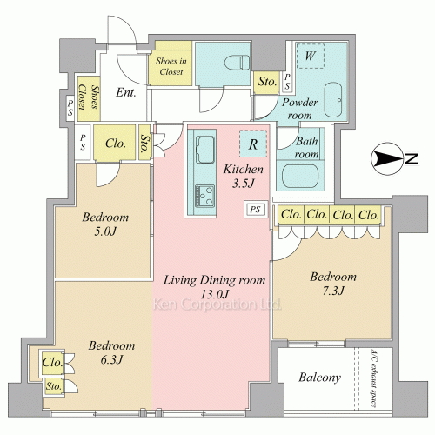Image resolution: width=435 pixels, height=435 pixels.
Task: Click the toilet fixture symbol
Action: (x=238, y=63)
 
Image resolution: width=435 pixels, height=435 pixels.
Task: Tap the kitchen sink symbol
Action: (x=205, y=150)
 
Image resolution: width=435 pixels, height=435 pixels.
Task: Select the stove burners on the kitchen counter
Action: (x=204, y=195)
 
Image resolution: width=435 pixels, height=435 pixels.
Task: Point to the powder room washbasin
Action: (x=333, y=100)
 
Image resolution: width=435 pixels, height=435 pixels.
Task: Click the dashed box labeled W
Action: (x=311, y=56)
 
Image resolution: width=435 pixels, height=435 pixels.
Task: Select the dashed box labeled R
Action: (x=253, y=144)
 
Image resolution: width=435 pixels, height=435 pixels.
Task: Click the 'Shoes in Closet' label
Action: (x=171, y=66)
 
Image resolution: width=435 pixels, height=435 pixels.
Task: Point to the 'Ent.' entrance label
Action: (x=126, y=92)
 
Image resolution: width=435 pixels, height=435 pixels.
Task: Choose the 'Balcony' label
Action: (x=319, y=378)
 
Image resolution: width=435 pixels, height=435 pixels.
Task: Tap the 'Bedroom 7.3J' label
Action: (x=333, y=284)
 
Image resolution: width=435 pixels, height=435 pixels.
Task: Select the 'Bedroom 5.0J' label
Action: (x=105, y=224)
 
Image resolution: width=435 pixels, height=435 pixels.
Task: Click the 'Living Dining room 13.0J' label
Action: (x=215, y=287)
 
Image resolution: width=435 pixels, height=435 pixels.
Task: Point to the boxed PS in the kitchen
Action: (x=255, y=210)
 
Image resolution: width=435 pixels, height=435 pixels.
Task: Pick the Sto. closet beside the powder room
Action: (x=266, y=83)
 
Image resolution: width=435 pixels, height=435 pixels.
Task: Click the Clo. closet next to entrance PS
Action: (x=115, y=143)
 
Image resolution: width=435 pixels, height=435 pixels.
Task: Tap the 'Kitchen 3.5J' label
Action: (x=244, y=176)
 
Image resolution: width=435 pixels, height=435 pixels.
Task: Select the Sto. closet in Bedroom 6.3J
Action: (x=54, y=386)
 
